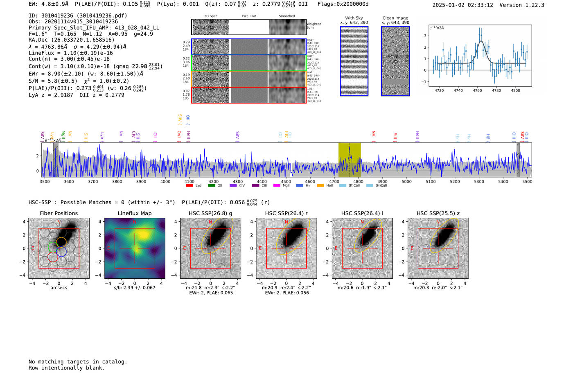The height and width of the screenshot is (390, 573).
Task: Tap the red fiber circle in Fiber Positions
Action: (52, 257)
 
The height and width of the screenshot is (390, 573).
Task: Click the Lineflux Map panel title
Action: (134, 213)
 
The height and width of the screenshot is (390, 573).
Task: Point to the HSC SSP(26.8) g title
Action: (210, 213)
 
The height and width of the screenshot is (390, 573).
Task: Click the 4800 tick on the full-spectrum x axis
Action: (358, 182)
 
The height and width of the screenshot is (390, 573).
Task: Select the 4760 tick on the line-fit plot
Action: (477, 90)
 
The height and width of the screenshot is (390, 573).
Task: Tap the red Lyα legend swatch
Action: (189, 185)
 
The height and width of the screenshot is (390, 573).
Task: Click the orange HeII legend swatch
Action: (320, 185)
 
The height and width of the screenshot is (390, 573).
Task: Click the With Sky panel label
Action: (354, 18)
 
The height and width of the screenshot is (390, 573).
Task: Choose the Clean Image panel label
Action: (395, 18)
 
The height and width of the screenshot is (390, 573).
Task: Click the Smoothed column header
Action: (286, 16)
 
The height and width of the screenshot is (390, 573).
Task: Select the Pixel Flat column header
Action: (249, 16)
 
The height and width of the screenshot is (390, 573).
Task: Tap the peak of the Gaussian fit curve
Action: (481, 41)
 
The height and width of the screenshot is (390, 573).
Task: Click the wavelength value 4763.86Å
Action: (54, 47)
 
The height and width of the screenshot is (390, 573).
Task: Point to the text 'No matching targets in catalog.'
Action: (78, 362)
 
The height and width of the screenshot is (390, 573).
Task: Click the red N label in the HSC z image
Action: (438, 222)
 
